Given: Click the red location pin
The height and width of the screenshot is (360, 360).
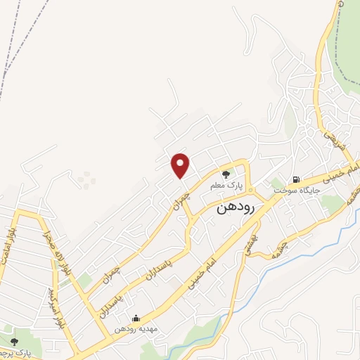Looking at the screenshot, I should tap(181, 165).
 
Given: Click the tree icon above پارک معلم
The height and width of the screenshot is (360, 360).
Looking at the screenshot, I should tap(226, 174).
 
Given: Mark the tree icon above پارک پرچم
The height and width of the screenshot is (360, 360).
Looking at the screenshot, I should tap(13, 342).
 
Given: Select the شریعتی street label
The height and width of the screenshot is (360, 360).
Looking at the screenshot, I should tap(328, 127).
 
